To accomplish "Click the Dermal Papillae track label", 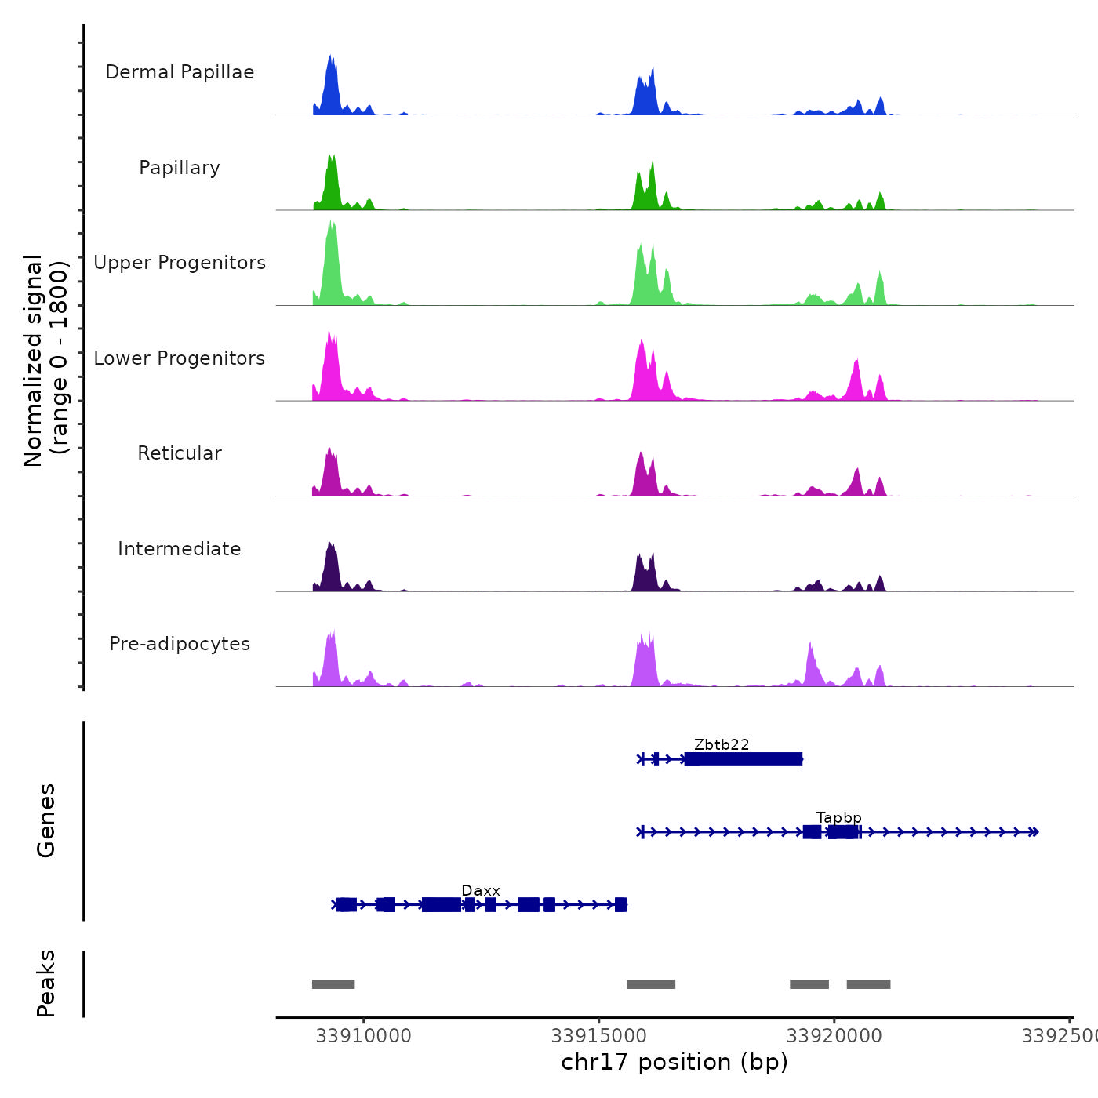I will pyautogui.click(x=180, y=72).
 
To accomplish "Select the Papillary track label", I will pyautogui.click(x=180, y=168).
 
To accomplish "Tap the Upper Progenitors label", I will pyautogui.click(x=180, y=263).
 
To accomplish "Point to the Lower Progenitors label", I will pyautogui.click(x=180, y=358).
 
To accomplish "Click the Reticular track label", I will pyautogui.click(x=180, y=453).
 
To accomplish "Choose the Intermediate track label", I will pyautogui.click(x=180, y=549).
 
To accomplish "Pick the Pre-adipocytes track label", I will pyautogui.click(x=180, y=644).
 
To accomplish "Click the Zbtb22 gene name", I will pyautogui.click(x=722, y=744).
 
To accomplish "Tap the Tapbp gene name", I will pyautogui.click(x=838, y=818).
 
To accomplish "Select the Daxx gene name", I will pyautogui.click(x=481, y=891).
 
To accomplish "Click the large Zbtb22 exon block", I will pyautogui.click(x=744, y=759).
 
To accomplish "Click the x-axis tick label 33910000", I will pyautogui.click(x=364, y=1036).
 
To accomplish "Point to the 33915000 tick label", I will pyautogui.click(x=599, y=1036).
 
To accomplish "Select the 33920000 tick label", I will pyautogui.click(x=834, y=1036).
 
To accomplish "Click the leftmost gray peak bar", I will pyautogui.click(x=333, y=984).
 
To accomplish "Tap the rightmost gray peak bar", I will pyautogui.click(x=868, y=984).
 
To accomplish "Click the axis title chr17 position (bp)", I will pyautogui.click(x=674, y=1062).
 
